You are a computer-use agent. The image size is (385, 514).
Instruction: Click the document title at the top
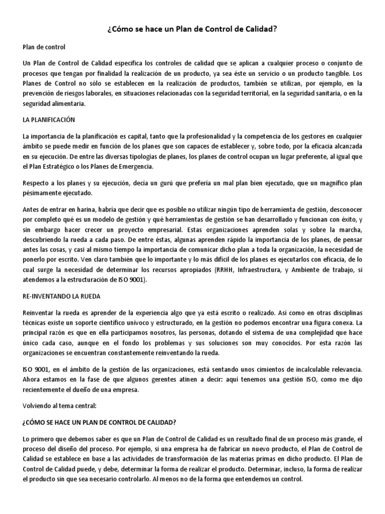click(192, 30)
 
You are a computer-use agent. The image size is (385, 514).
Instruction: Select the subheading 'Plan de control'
click(45, 47)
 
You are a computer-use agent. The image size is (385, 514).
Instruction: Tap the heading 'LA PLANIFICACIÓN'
click(49, 120)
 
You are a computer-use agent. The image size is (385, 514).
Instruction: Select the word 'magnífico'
click(331, 184)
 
